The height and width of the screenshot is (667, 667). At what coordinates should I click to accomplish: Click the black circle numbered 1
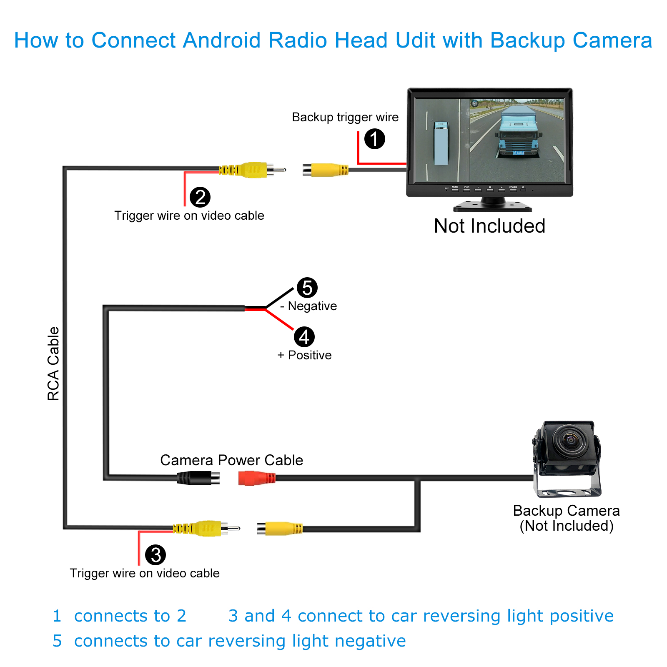tap(374, 139)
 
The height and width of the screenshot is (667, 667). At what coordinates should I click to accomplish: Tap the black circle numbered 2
tap(200, 197)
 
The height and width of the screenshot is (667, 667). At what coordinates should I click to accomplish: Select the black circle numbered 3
tap(155, 555)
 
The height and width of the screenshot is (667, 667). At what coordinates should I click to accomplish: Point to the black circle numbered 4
tap(304, 337)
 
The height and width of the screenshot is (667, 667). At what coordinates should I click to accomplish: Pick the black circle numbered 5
tap(307, 288)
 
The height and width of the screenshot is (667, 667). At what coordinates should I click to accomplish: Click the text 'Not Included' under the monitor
tap(489, 226)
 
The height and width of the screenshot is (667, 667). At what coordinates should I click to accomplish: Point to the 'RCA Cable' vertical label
tap(53, 364)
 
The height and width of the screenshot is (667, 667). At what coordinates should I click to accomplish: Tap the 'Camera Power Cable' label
tap(231, 460)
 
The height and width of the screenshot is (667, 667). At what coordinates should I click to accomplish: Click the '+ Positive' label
tap(305, 355)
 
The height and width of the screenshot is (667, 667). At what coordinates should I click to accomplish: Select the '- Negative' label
tap(309, 306)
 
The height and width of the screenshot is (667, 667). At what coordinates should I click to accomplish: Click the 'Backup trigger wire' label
tap(345, 117)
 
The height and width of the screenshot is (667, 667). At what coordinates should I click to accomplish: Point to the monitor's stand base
tap(493, 206)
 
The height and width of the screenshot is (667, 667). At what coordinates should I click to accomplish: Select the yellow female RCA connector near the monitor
tap(325, 170)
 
